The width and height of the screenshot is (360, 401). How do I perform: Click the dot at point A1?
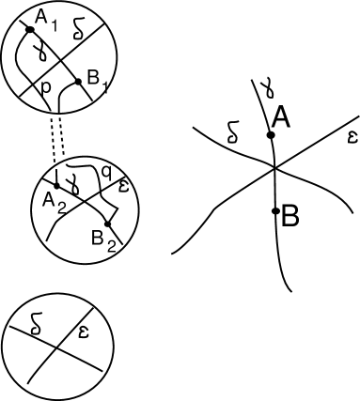(30, 29)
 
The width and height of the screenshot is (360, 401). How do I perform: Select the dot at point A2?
(56, 185)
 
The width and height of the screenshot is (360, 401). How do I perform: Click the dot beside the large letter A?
(271, 135)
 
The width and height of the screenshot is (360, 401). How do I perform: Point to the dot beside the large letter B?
(274, 209)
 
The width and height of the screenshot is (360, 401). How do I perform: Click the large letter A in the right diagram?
(281, 116)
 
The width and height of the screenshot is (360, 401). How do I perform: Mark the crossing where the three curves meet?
(274, 168)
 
